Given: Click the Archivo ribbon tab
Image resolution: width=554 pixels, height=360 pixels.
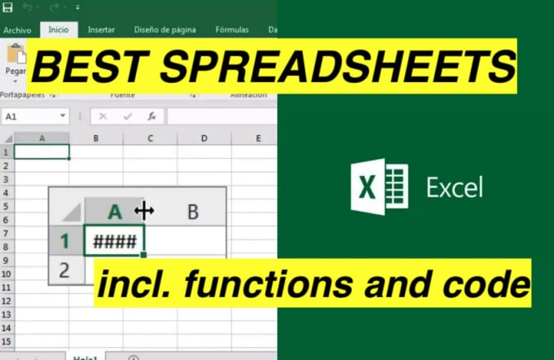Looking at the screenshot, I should (x=16, y=30).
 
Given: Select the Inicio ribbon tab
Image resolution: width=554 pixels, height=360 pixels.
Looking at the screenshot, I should (x=59, y=30).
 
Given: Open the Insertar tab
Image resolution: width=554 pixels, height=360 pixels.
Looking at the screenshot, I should (x=101, y=30).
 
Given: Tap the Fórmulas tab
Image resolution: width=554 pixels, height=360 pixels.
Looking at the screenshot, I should (x=232, y=30).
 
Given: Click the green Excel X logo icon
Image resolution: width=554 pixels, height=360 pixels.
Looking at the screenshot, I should (x=379, y=187).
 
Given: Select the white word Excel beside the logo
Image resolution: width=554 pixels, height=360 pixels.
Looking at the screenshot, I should (x=455, y=187).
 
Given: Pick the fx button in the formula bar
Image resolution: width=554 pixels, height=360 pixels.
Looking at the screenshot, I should (x=152, y=116).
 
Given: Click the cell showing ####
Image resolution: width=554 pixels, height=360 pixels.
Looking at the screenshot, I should (x=114, y=240).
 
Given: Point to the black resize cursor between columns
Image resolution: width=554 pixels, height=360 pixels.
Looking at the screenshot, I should (x=144, y=211).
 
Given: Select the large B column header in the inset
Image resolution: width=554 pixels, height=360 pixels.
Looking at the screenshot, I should (x=193, y=212).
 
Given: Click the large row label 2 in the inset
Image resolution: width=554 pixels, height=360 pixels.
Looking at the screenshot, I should (x=65, y=269).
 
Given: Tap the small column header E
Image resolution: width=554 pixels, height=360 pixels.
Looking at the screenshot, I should (x=258, y=138).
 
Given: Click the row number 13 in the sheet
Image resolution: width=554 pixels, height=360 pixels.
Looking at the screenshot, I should (x=7, y=314).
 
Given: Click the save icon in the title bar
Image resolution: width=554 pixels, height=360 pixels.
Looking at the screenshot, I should (x=7, y=8).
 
